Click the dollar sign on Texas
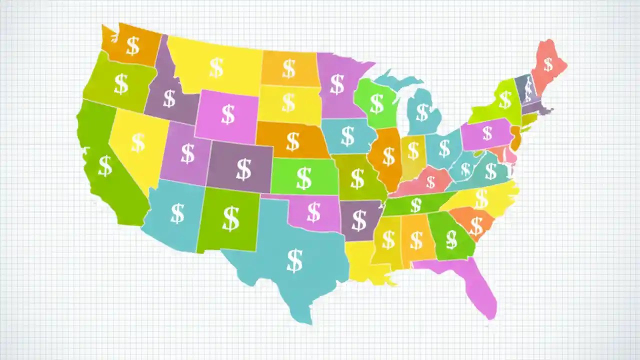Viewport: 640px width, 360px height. [294, 260]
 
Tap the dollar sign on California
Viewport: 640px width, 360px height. [105, 166]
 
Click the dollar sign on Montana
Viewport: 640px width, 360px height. [216, 67]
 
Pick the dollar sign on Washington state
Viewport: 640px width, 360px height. [132, 45]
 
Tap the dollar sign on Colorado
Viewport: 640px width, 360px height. [243, 169]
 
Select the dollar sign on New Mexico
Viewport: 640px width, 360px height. [230, 218]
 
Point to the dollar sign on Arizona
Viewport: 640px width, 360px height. [177, 213]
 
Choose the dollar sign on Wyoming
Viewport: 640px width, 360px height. [228, 114]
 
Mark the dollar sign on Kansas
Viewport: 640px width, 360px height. [303, 178]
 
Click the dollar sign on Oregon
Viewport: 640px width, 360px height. [121, 84]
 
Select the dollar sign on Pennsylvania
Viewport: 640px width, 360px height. [487, 133]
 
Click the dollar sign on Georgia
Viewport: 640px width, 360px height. [451, 239]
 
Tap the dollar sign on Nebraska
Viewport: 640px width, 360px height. [292, 141]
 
